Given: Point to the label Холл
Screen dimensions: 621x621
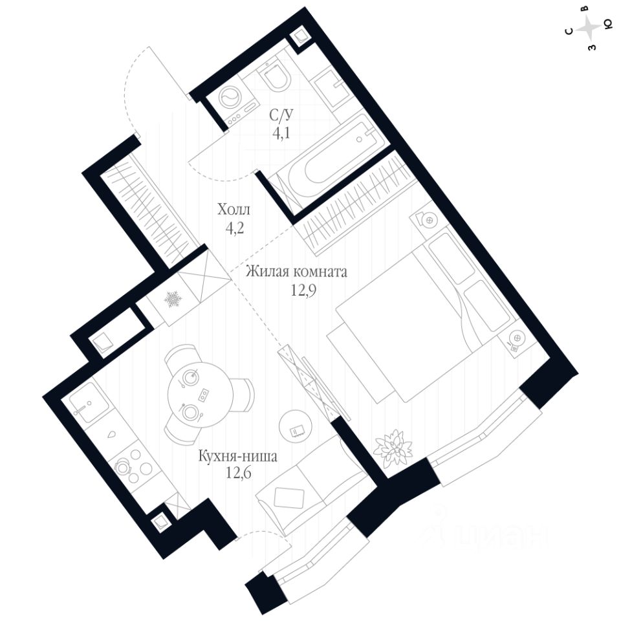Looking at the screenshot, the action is [233, 210].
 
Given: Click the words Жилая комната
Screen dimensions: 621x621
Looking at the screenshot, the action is [296, 272].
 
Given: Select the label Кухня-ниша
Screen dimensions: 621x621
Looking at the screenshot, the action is [238, 457].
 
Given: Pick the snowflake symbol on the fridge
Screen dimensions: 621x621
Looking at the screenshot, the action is [172, 299].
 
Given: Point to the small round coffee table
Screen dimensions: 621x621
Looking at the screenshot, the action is [296, 428].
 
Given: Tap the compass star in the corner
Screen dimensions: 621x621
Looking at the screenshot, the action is [589, 27].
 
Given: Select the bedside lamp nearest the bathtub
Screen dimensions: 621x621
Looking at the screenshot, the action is [428, 220].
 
